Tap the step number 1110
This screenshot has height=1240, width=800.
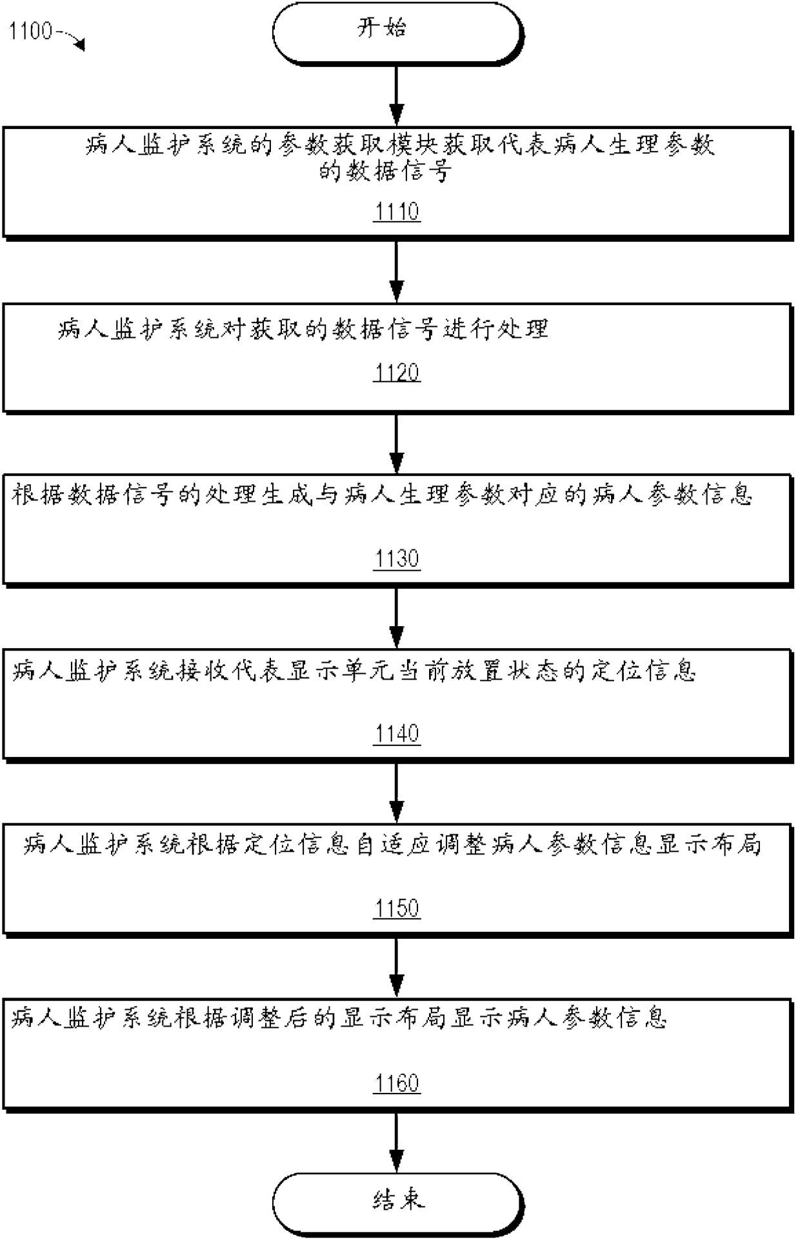(x=397, y=212)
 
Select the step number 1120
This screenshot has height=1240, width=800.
(x=397, y=373)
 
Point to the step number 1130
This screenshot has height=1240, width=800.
(x=397, y=558)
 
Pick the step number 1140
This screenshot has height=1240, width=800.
(x=397, y=733)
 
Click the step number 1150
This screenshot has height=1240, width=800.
(x=397, y=908)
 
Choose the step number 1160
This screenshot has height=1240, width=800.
(x=397, y=1083)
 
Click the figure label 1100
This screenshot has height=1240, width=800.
(x=30, y=31)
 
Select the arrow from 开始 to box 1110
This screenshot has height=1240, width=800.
(x=397, y=95)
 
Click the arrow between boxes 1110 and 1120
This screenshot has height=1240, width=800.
(x=397, y=271)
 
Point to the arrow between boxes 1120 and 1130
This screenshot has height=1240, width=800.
(x=397, y=444)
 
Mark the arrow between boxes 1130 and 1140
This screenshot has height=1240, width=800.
(x=397, y=618)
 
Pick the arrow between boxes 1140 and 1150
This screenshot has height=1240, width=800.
(x=397, y=792)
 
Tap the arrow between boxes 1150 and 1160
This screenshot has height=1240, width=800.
(x=397, y=967)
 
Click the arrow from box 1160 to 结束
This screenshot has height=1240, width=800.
(x=397, y=1141)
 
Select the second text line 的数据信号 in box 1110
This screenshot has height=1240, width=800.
(x=385, y=172)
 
